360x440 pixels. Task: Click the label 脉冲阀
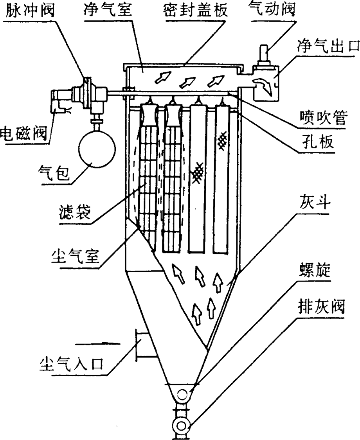[x=27, y=11]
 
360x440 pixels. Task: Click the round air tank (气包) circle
[x=97, y=149]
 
